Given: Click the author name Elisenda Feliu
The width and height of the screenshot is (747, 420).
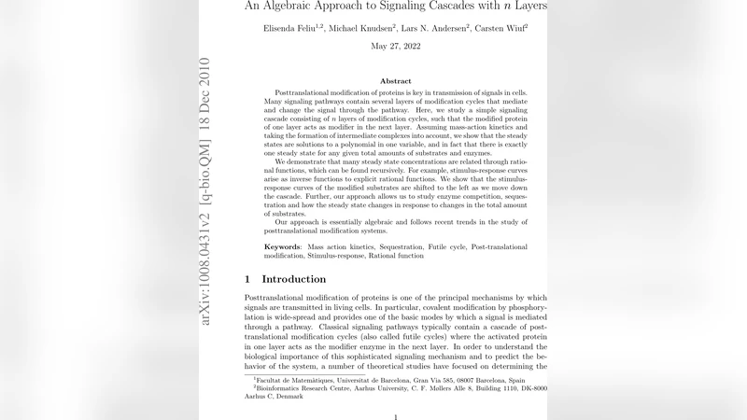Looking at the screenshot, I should coord(292,28).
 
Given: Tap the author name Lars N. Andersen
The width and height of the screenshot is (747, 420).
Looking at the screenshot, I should coord(434,28).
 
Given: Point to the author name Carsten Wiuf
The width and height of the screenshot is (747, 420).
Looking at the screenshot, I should coord(500,28).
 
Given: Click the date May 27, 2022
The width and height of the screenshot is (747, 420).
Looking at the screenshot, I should coord(395,46).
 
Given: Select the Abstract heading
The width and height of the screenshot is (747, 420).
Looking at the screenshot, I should coord(395,81).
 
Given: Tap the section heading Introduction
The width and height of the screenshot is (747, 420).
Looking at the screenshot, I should coord(293,279).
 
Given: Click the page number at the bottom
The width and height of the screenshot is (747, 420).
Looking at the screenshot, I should coord(396,417).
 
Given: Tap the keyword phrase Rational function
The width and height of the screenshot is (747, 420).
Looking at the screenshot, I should coord(398,255).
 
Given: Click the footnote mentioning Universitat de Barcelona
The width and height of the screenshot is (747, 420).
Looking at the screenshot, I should coord(388,381).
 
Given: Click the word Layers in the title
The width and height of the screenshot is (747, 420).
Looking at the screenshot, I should coord(529,6).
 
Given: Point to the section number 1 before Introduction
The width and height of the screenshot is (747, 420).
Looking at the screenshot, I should coord(247,279).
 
